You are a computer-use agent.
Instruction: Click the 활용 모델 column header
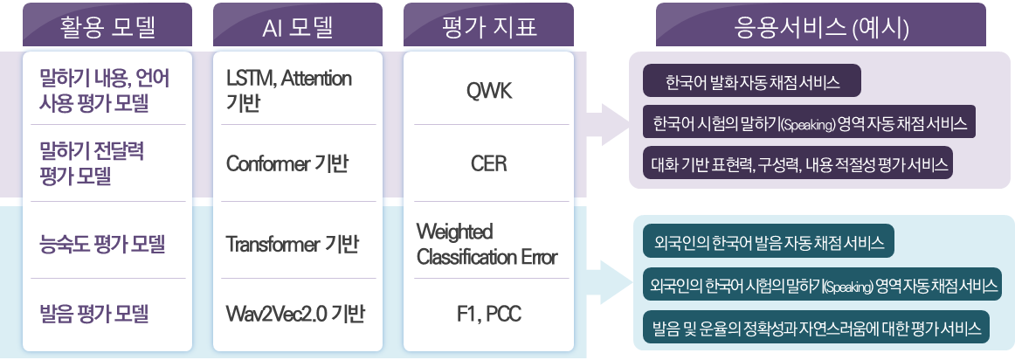107,27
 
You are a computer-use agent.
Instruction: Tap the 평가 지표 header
488,27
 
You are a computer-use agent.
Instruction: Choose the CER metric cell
488,163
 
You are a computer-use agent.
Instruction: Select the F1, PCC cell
488,314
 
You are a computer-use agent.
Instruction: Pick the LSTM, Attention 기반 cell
288,90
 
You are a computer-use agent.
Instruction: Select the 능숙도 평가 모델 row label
103,245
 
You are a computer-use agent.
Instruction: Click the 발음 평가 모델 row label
95,314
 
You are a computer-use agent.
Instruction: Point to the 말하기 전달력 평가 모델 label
93,163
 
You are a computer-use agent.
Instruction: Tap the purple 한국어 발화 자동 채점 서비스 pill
751,82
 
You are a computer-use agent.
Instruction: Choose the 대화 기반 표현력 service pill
797,163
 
